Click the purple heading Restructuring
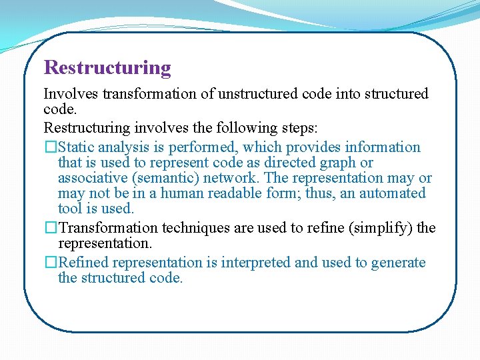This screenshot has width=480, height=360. pyautogui.click(x=107, y=68)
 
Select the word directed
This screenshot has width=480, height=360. pyautogui.click(x=294, y=163)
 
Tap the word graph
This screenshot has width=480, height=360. pyautogui.click(x=342, y=163)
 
